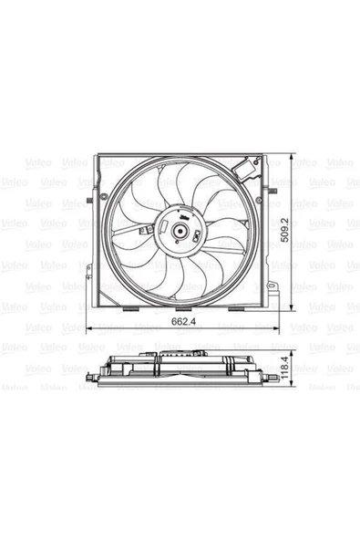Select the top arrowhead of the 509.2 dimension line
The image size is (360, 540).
(290, 156)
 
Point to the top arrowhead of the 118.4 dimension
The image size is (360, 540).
(290, 351)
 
